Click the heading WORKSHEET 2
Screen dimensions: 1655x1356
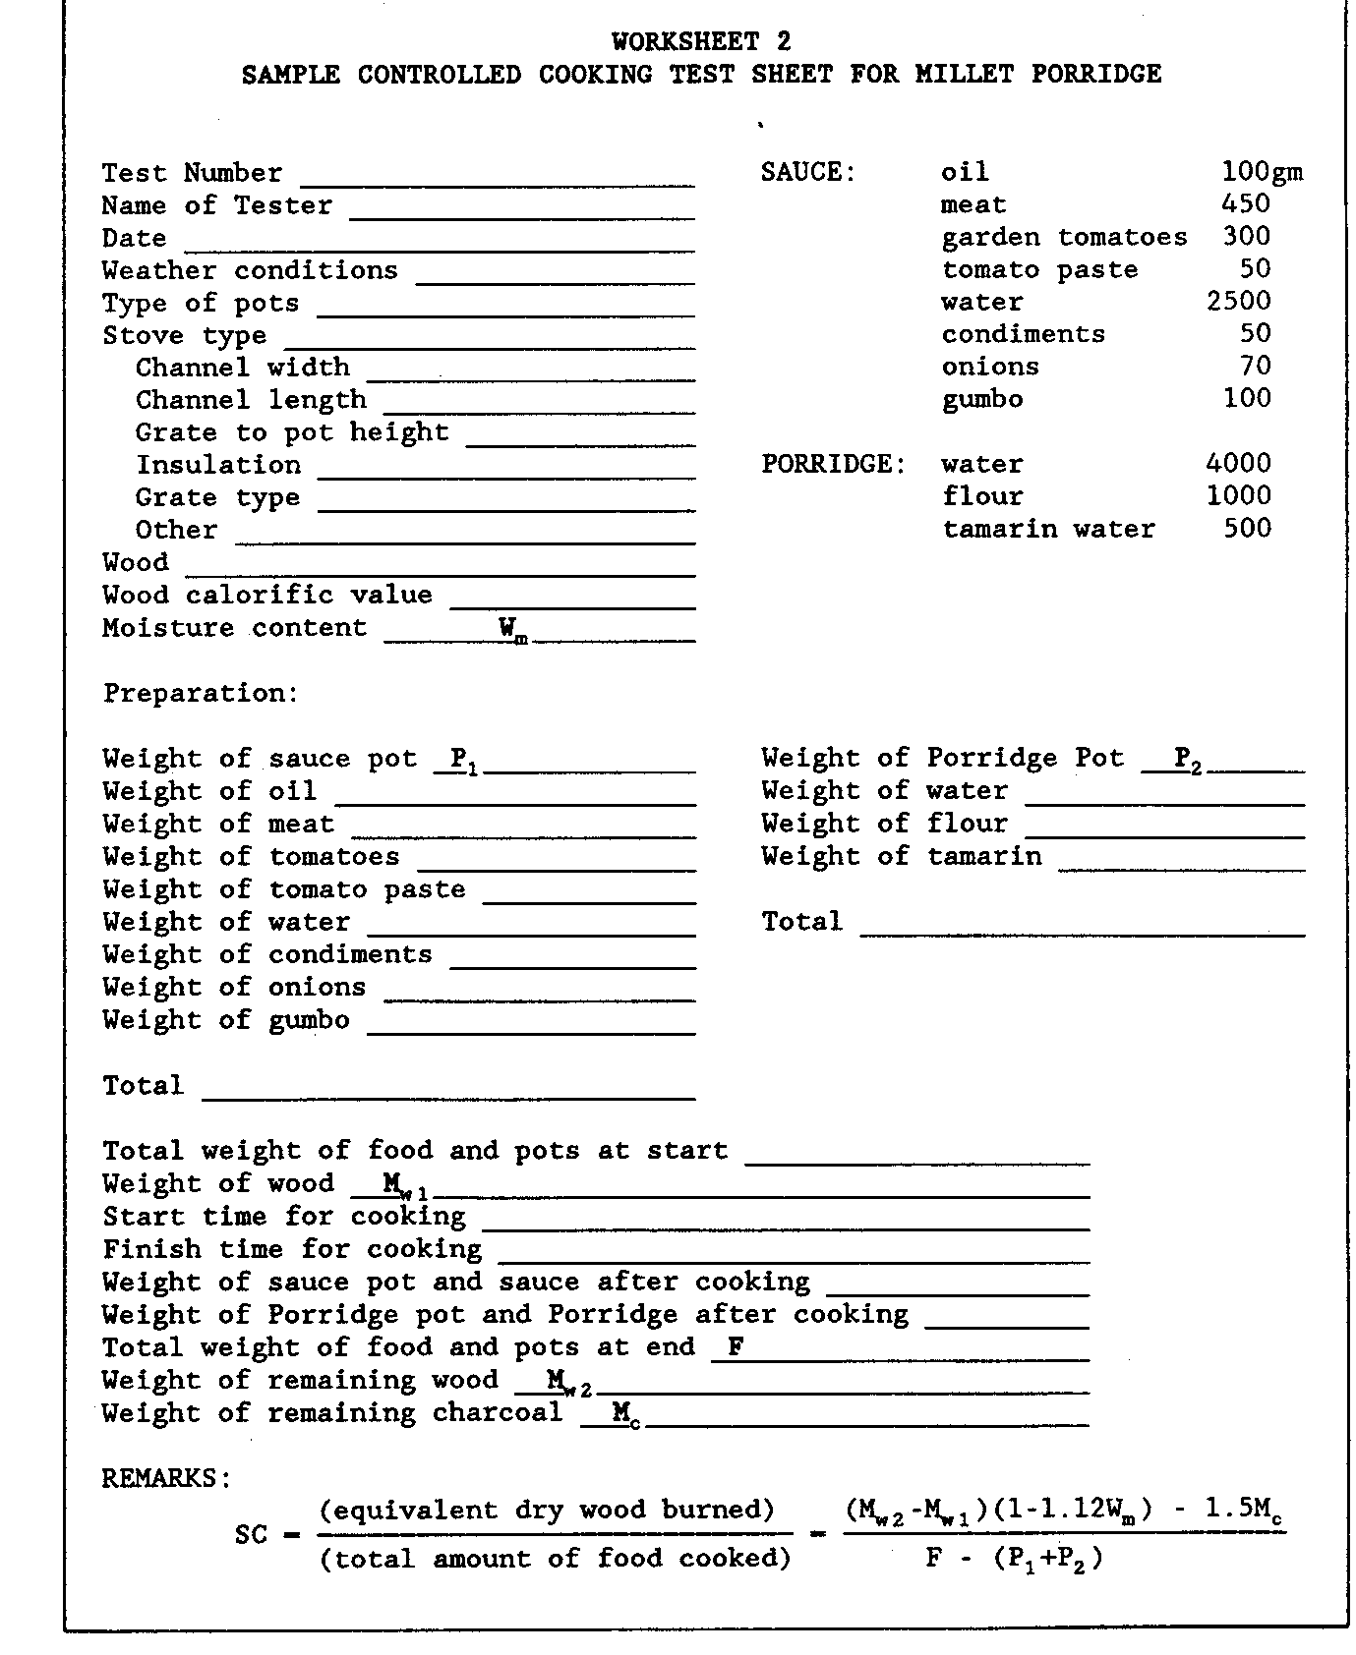[700, 41]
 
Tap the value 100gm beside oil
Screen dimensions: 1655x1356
[1262, 172]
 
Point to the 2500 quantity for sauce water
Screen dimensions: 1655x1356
[1238, 302]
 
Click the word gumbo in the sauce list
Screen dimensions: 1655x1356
[981, 400]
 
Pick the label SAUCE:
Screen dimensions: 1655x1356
[808, 173]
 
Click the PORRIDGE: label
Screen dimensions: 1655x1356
[833, 464]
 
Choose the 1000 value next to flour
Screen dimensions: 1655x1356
[1238, 496]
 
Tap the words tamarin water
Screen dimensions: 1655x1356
[1048, 529]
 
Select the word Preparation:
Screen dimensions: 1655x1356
[201, 693]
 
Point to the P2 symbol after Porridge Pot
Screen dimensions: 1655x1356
[1188, 760]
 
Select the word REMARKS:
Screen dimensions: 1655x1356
[166, 1478]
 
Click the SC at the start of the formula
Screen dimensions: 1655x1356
[251, 1534]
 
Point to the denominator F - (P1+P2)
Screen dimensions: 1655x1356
[1014, 1559]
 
